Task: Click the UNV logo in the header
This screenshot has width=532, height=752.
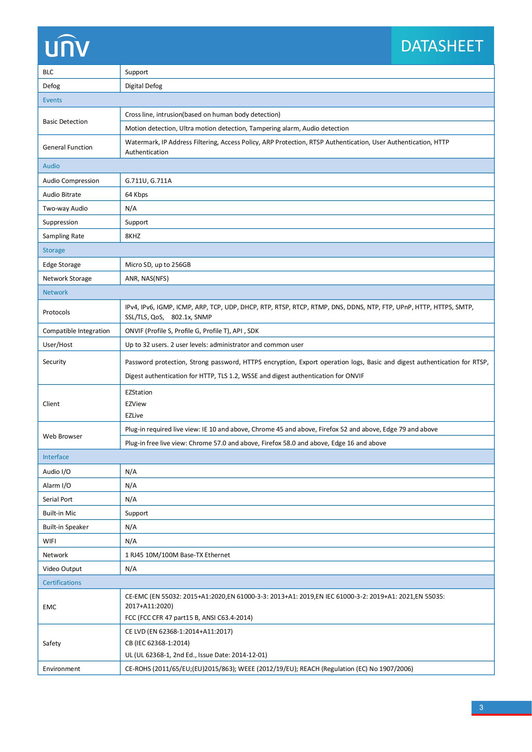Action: (67, 46)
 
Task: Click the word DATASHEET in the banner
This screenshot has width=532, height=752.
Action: (442, 46)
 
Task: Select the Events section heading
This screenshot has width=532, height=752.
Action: (52, 100)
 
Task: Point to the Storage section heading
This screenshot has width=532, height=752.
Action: (54, 250)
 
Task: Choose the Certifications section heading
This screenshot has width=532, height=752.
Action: (62, 583)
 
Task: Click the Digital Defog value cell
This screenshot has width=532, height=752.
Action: (143, 86)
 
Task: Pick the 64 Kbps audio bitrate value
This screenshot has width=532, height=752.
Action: (136, 195)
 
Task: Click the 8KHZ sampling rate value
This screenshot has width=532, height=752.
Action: (133, 236)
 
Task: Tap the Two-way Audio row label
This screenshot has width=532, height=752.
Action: (65, 209)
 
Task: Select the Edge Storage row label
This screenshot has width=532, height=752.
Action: (61, 265)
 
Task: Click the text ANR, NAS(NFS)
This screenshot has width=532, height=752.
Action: (147, 278)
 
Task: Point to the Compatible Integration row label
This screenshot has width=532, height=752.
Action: (76, 331)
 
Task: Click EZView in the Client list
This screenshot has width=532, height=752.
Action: (136, 404)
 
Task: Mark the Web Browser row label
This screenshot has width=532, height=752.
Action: (63, 436)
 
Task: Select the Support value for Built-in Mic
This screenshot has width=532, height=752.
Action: (136, 513)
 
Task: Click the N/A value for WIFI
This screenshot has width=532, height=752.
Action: (131, 541)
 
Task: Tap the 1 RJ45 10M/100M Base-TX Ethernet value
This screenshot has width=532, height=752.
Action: (178, 555)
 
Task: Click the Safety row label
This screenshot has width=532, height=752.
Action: (52, 643)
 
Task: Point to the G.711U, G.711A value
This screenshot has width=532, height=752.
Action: (148, 181)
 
